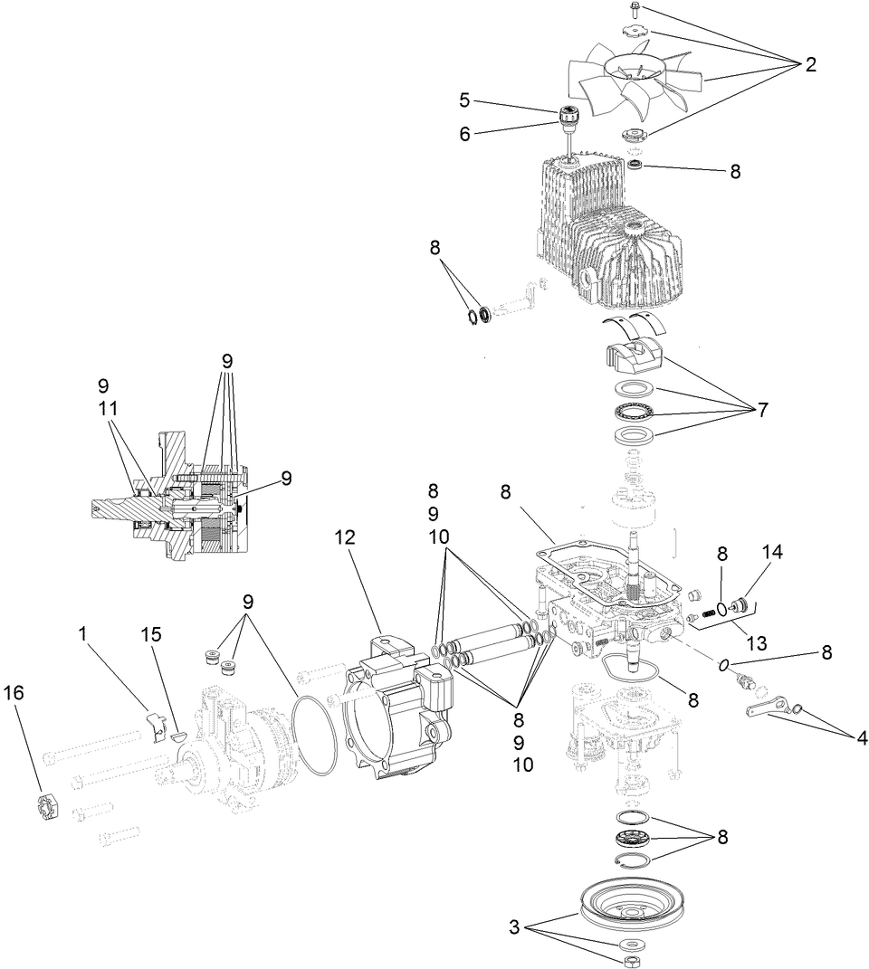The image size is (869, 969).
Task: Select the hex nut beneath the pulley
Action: [x=627, y=959]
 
